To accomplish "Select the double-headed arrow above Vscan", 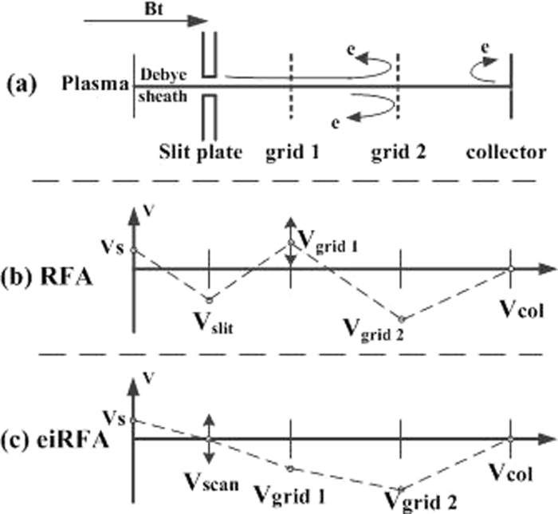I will click(x=209, y=438).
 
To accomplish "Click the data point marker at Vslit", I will click(x=209, y=300).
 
